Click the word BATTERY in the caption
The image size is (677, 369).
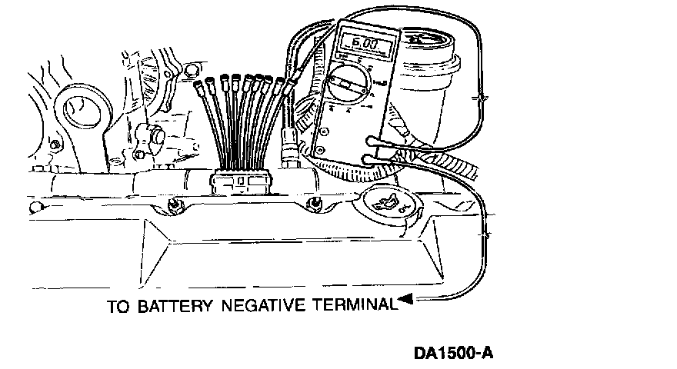[x=175, y=306]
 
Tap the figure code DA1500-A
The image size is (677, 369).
[x=452, y=354]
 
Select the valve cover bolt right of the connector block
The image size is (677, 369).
[x=314, y=204]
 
